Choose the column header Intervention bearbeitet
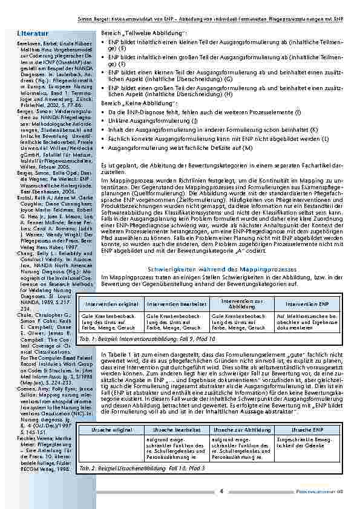pos(174,303)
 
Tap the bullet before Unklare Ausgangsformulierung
pos(103,121)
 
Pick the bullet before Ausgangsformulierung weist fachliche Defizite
pos(103,147)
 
